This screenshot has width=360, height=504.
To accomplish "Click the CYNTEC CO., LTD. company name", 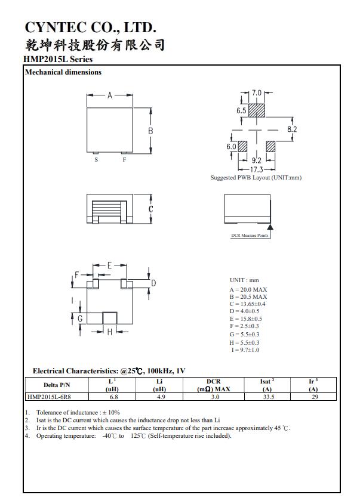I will [x=90, y=27].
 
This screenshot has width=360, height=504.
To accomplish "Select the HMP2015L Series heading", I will [x=58, y=60].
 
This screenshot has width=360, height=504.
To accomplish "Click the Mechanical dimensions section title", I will [x=63, y=73].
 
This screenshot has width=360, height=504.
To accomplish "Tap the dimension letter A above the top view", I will [x=110, y=95].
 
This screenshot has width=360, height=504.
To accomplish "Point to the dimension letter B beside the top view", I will [x=151, y=131].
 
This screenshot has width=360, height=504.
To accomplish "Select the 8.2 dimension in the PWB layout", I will [x=292, y=129].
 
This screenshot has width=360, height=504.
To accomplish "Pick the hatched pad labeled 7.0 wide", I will [x=256, y=111].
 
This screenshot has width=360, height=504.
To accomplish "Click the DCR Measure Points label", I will [x=250, y=236].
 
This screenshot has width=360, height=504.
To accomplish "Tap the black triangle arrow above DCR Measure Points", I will [x=270, y=227].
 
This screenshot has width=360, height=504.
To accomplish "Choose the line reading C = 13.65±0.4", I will [x=248, y=304].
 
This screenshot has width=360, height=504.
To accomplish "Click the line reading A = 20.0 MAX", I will [x=248, y=289].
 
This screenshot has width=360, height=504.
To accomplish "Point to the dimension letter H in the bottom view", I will [x=109, y=332].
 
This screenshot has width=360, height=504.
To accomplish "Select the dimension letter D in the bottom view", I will [x=153, y=283].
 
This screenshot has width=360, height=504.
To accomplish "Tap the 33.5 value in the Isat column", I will [x=267, y=396].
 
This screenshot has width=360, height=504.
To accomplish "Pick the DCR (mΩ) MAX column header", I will [x=213, y=385].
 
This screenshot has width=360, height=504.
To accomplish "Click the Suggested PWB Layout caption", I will [x=256, y=178].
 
